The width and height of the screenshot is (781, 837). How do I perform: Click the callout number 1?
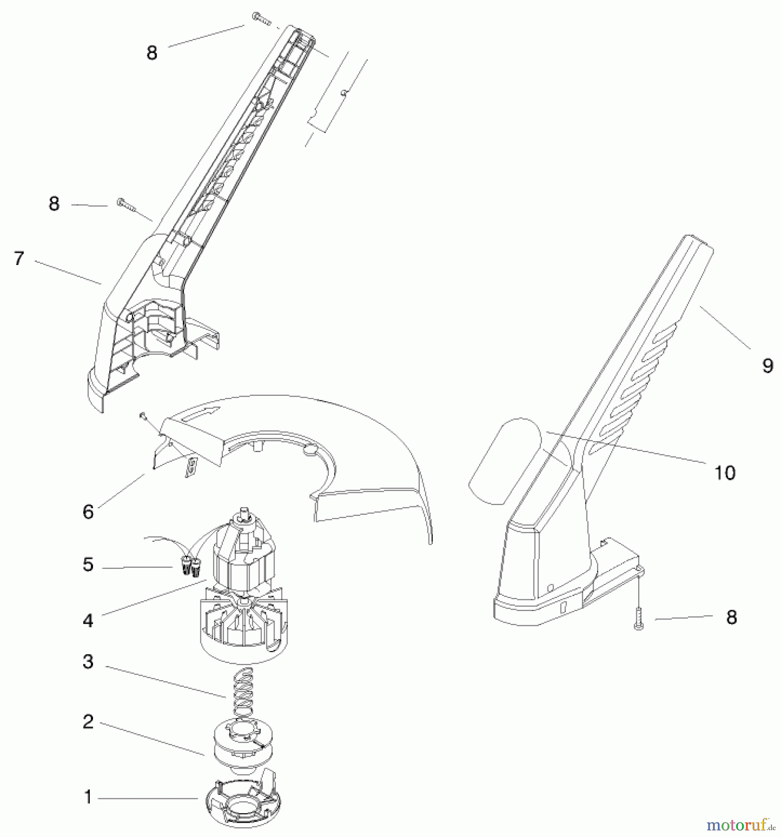(x=88, y=797)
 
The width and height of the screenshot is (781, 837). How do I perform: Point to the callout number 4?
(x=88, y=621)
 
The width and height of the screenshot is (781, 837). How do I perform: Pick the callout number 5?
(x=88, y=565)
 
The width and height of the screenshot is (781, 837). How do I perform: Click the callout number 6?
(x=88, y=512)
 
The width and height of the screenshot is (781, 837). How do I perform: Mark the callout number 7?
(x=19, y=259)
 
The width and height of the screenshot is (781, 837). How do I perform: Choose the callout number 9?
(x=768, y=365)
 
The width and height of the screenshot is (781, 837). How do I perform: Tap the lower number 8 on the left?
(x=54, y=204)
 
